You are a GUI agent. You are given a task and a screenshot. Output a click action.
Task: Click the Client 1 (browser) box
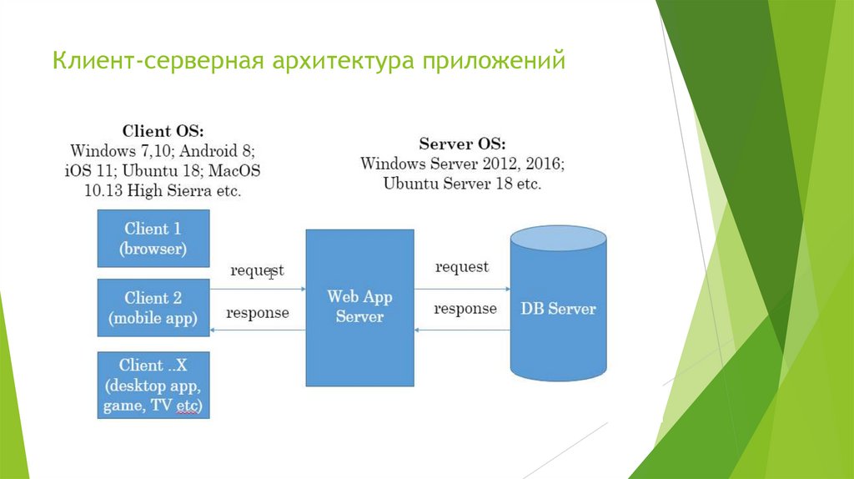(153, 238)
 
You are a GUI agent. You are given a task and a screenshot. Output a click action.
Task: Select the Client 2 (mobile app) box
(153, 307)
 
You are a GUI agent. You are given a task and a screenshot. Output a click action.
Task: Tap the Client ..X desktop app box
(153, 386)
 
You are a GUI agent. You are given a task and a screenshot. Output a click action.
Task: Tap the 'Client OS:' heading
(163, 131)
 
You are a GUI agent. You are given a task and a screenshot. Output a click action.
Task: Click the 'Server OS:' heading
(462, 143)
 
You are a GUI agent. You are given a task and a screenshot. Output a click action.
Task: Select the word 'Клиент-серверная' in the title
(158, 63)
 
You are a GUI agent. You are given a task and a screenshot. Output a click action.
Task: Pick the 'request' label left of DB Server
(461, 267)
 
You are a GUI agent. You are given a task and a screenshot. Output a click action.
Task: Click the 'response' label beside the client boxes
(258, 313)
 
